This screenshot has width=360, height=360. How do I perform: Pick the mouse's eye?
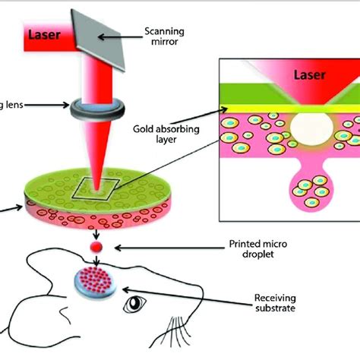pos(137,305)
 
